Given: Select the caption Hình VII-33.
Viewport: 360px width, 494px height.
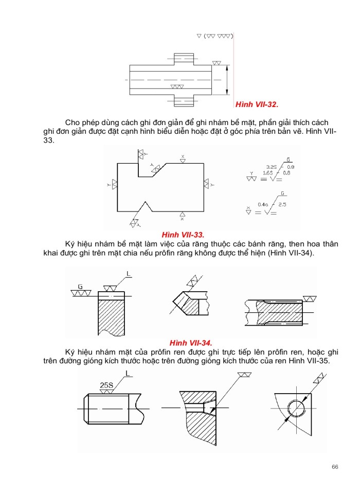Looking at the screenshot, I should click(x=183, y=234).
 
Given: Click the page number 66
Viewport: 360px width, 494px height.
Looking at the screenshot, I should click(x=335, y=467).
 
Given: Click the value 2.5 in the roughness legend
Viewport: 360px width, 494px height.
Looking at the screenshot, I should click(x=282, y=204).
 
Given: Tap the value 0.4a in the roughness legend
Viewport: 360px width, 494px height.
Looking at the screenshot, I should click(x=265, y=204).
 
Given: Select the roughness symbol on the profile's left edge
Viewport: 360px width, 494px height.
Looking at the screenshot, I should click(x=114, y=184).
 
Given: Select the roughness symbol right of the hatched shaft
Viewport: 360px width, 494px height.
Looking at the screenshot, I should click(x=310, y=299).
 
